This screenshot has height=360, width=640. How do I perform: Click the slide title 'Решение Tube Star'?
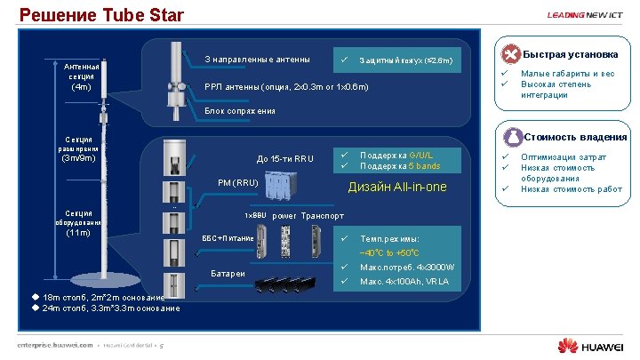tap(101, 15)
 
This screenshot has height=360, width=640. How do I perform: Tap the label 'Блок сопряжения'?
tap(240, 111)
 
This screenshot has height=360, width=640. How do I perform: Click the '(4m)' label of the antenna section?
tap(81, 87)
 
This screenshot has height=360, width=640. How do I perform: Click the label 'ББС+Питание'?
tap(228, 238)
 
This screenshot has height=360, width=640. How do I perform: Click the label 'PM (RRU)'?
tap(238, 183)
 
